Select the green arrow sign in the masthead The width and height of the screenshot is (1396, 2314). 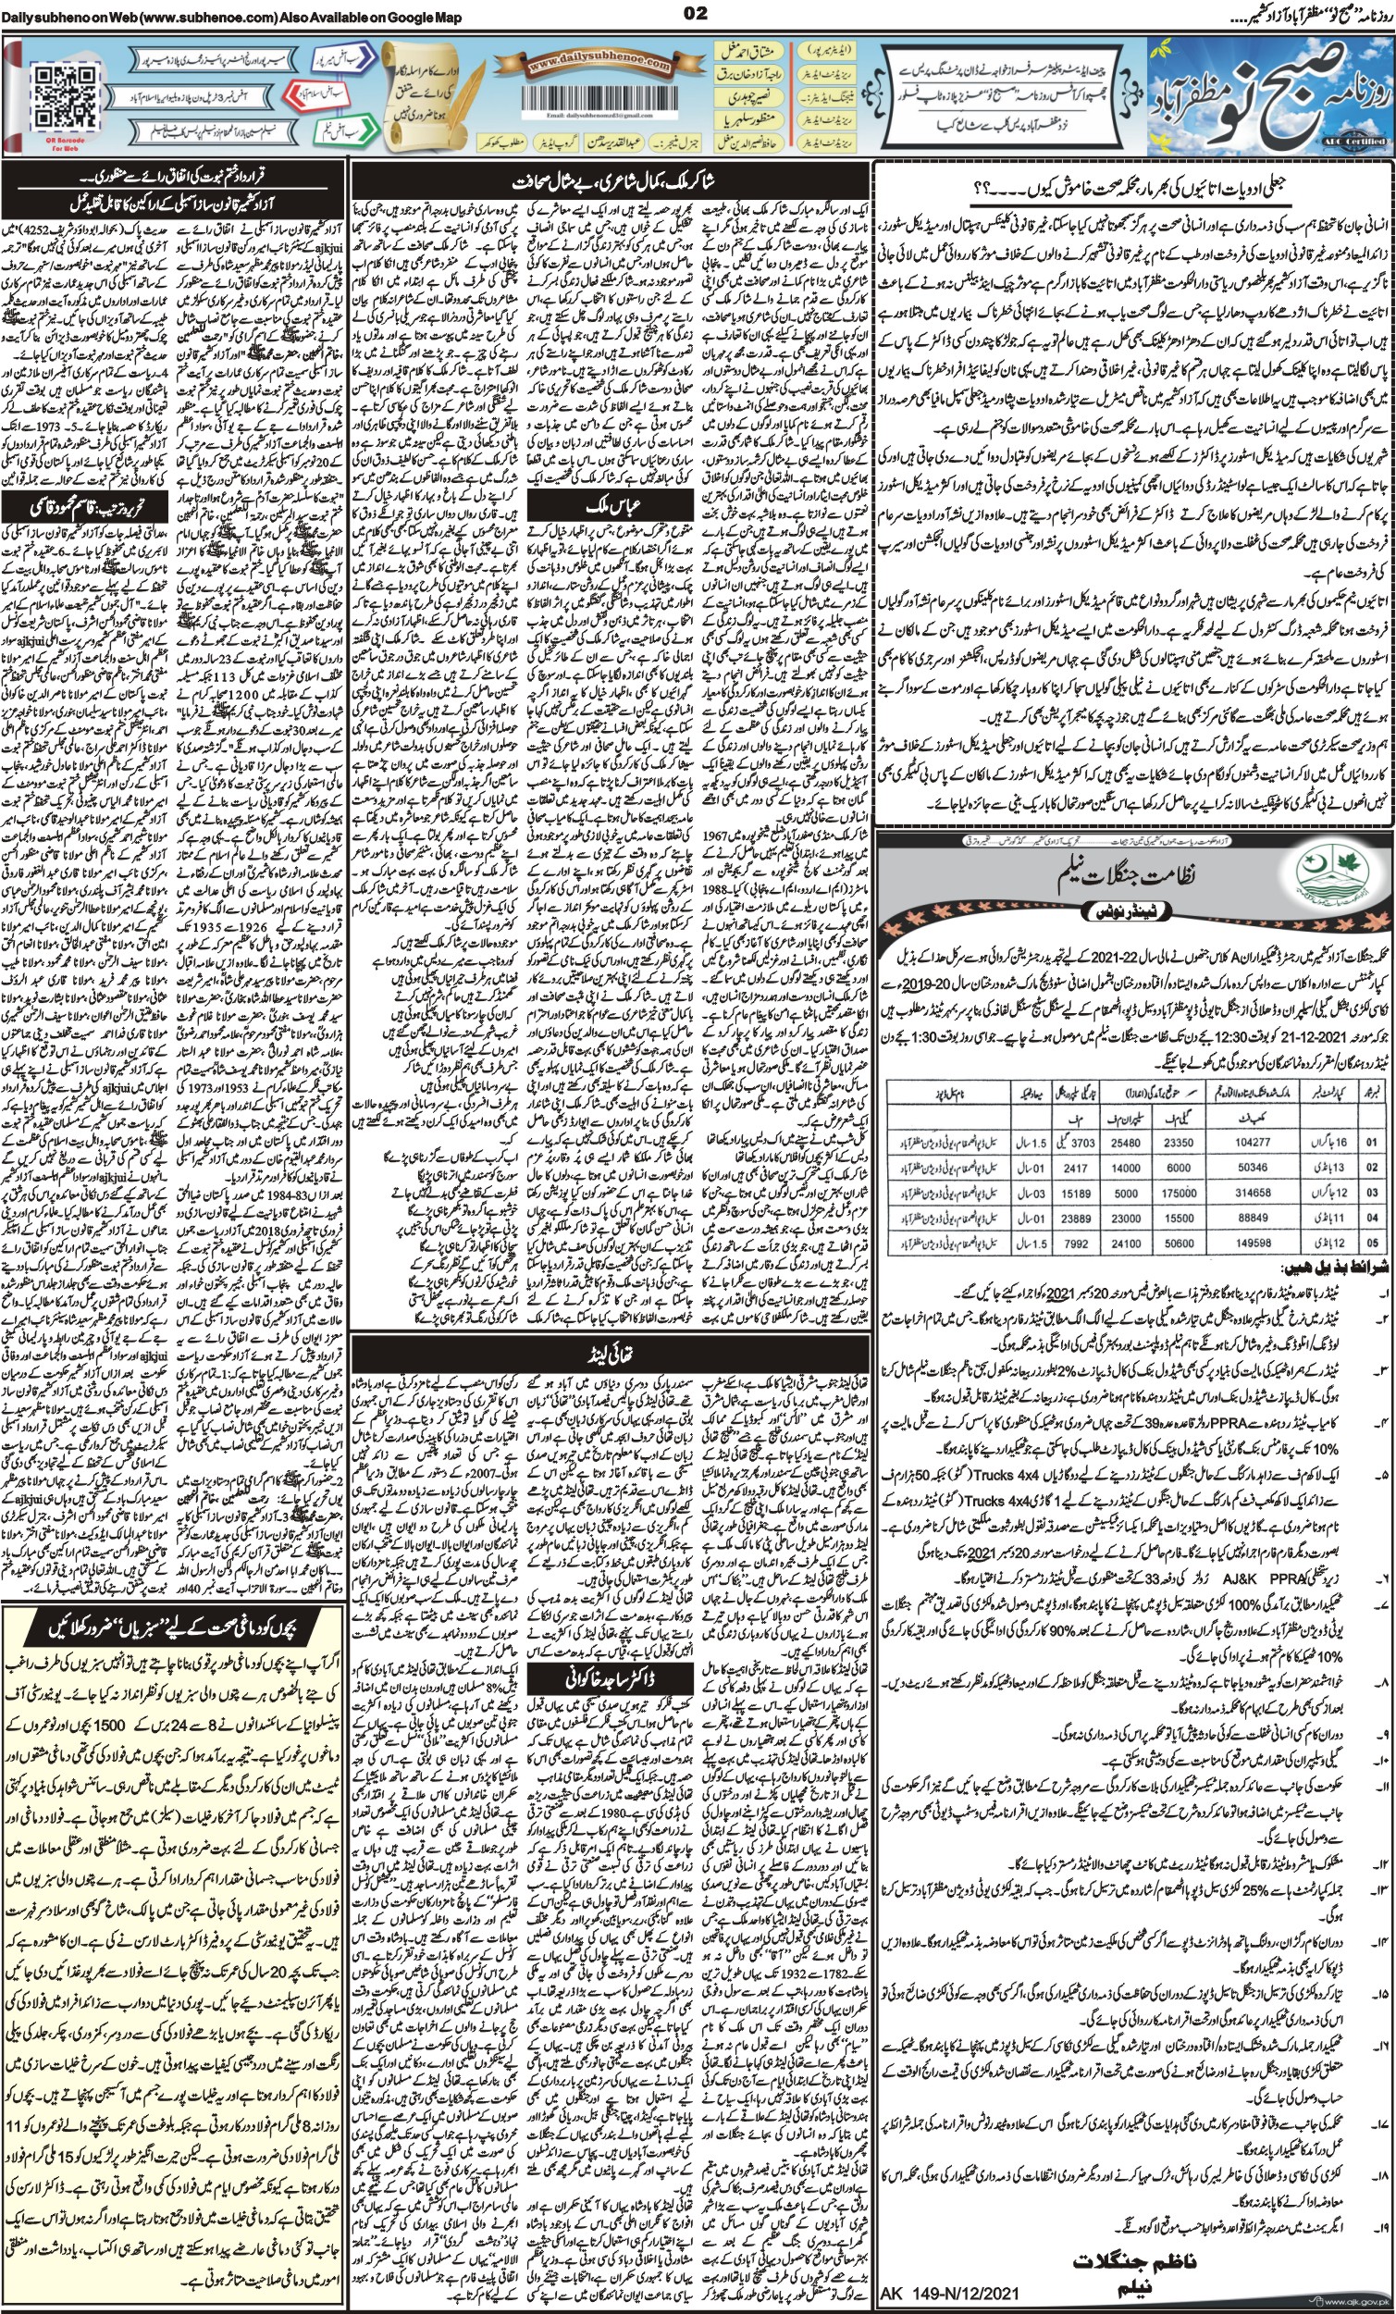point(352,127)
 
